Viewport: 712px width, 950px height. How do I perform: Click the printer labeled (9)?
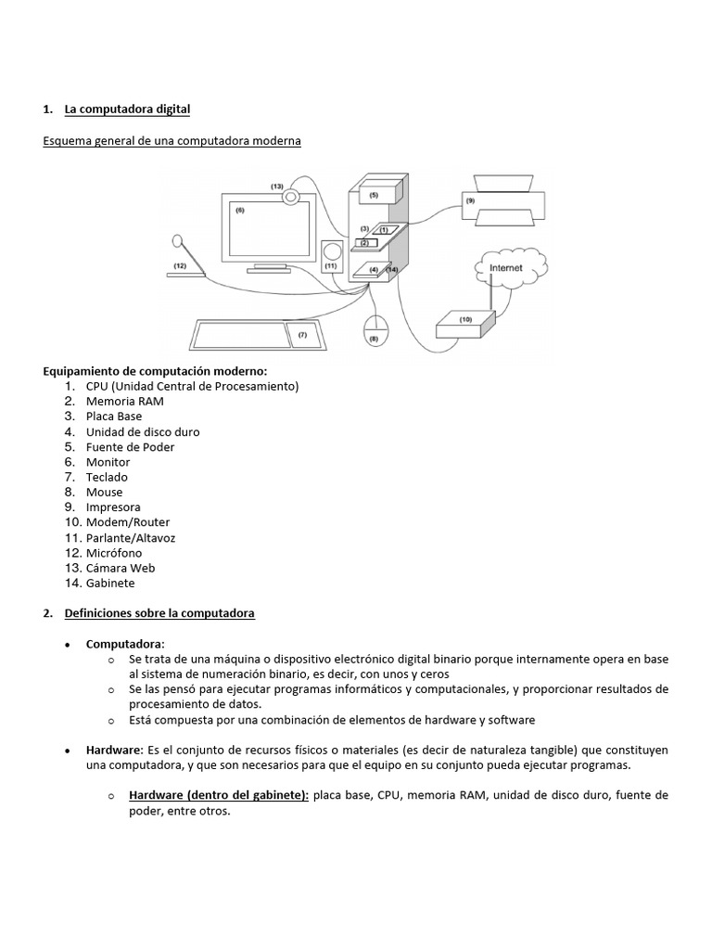coord(504,200)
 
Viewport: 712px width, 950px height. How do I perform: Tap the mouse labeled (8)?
coord(375,329)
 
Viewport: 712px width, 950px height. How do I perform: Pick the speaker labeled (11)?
coord(332,257)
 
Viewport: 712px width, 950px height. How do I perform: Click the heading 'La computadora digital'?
coord(127,109)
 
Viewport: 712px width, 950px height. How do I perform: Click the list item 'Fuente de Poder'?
coord(130,447)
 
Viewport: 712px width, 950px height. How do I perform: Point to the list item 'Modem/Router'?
coord(128,522)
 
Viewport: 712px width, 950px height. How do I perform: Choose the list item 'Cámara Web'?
coord(121,568)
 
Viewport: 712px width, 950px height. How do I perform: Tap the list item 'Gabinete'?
coord(110,584)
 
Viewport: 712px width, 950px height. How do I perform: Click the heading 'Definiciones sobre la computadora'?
coord(159,613)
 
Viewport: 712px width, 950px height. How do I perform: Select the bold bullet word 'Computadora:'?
coord(125,644)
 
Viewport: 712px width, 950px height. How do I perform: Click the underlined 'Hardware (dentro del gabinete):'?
coord(219,795)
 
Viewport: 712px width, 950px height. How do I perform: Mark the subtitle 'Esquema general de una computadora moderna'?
coord(172,140)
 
